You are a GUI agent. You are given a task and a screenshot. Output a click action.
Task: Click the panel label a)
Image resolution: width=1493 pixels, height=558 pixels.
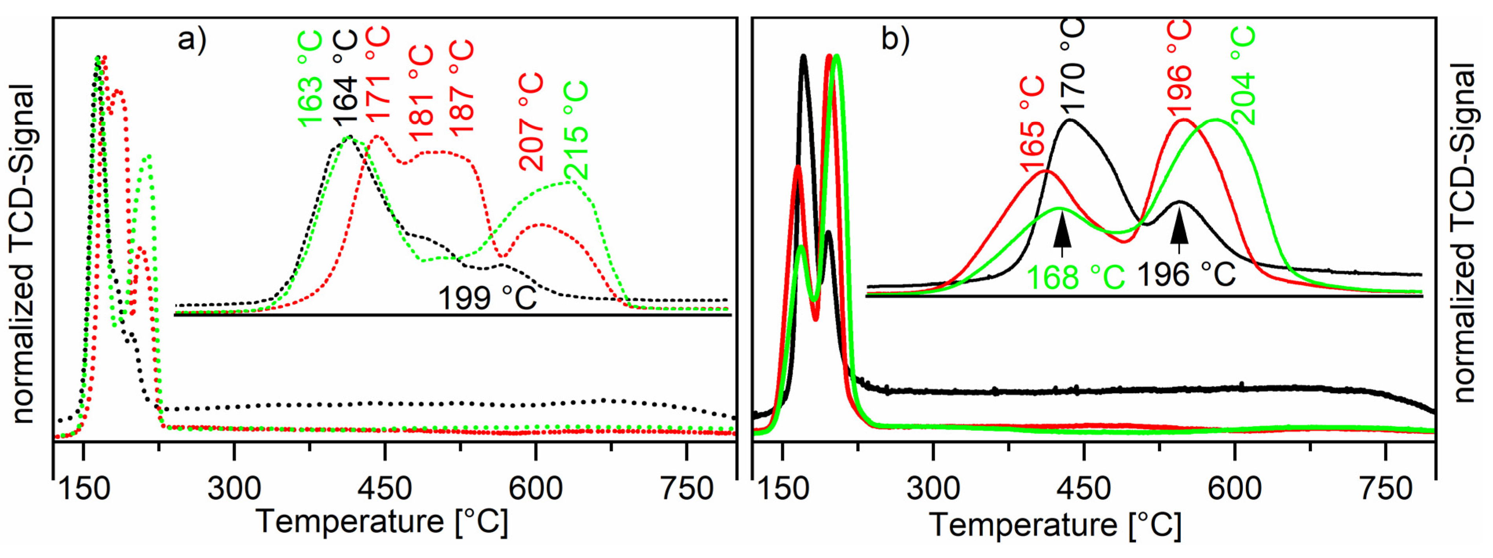click(x=192, y=40)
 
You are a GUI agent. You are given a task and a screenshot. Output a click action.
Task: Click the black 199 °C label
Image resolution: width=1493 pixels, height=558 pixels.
click(x=487, y=299)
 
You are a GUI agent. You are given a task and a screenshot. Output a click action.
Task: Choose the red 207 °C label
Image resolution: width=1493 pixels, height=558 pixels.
click(x=531, y=122)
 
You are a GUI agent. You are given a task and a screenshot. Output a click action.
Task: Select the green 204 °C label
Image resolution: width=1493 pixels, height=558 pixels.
click(x=1242, y=75)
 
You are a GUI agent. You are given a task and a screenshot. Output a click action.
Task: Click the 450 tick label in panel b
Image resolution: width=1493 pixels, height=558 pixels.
click(x=1084, y=488)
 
